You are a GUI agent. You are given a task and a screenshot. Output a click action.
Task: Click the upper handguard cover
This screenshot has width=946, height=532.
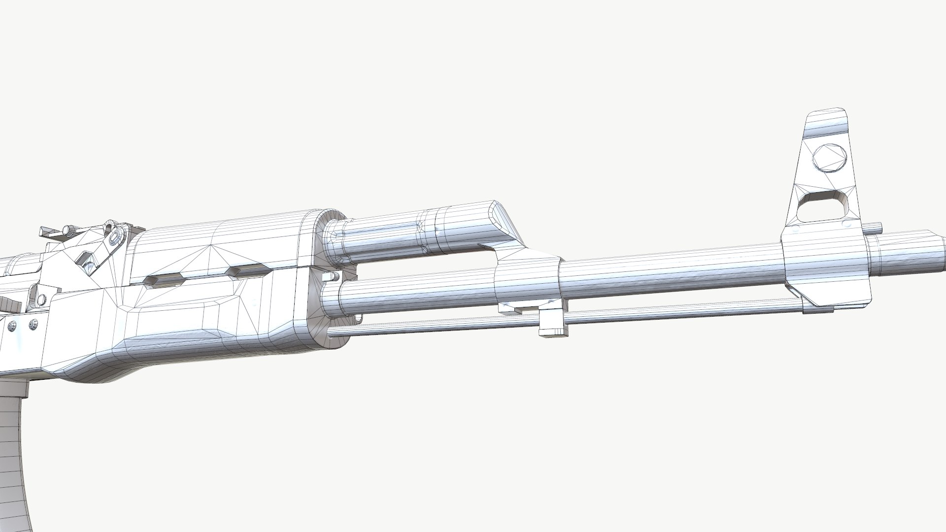click(222, 241)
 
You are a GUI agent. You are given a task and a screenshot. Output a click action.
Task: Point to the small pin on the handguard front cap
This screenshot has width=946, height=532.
click(330, 277)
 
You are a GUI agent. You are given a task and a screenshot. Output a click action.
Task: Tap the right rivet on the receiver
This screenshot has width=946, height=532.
click(33, 324)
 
